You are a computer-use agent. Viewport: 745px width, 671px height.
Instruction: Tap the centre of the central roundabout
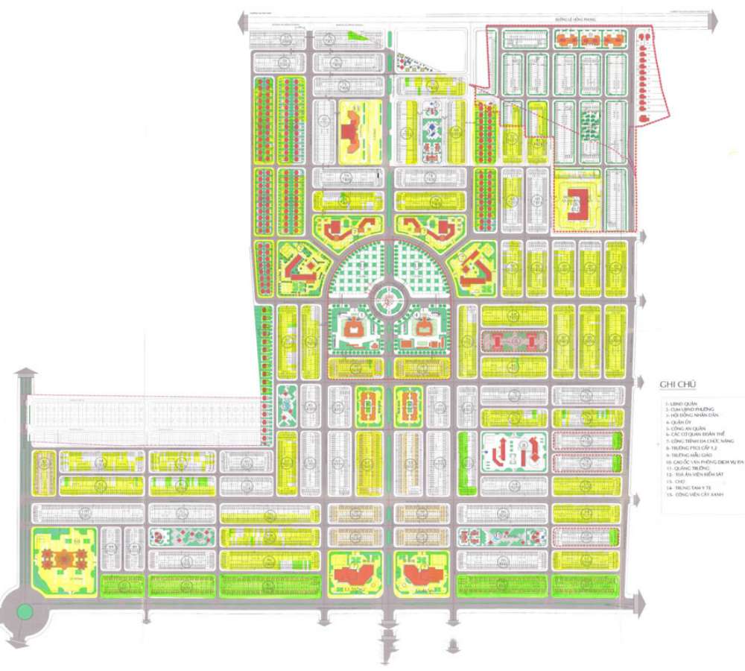click(386, 299)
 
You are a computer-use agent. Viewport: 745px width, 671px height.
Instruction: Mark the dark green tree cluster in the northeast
click(589, 120)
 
